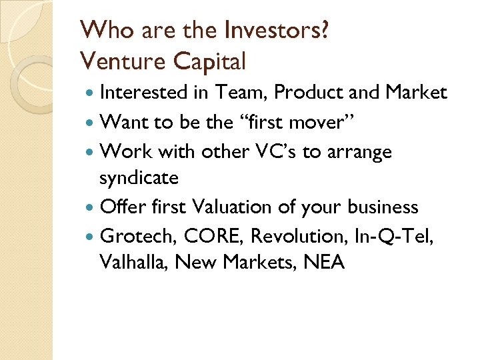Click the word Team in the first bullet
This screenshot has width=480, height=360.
(238, 93)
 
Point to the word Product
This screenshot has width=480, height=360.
(305, 93)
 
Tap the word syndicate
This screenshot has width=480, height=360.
(139, 178)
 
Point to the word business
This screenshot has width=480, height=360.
(383, 207)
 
